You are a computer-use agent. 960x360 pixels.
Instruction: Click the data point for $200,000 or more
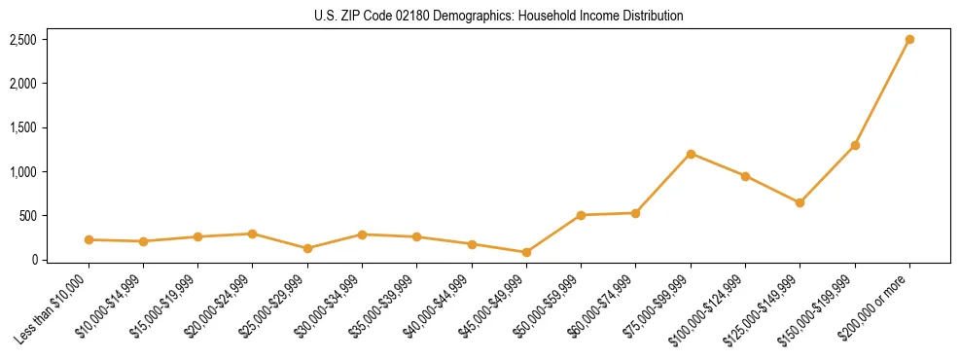(909, 40)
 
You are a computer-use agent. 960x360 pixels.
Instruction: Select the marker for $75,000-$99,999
(691, 154)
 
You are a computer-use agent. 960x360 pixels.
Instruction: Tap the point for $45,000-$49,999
(526, 252)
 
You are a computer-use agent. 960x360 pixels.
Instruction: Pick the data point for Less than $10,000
(89, 239)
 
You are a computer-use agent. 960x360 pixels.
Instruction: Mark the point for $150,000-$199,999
(855, 145)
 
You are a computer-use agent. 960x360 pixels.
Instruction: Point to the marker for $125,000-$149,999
(800, 202)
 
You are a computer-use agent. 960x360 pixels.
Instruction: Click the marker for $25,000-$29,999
(307, 248)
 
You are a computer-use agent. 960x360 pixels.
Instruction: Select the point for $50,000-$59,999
(581, 215)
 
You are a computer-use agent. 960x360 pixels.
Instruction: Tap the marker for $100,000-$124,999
(745, 176)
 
